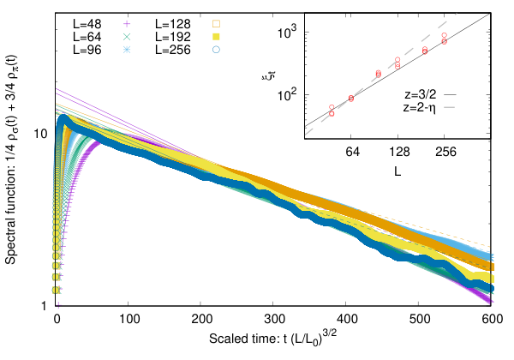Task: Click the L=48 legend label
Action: [87, 24]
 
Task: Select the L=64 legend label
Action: [87, 37]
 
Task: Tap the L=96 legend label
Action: [87, 50]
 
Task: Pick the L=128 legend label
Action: [173, 24]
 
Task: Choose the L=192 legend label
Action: [173, 37]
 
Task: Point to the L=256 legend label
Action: [173, 50]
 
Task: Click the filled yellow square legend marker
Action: [216, 37]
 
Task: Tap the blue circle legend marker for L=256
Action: [216, 50]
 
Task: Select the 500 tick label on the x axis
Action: [420, 319]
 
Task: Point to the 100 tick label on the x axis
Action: [129, 319]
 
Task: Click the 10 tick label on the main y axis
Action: [40, 134]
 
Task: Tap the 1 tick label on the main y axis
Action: [44, 306]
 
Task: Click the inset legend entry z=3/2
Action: [421, 94]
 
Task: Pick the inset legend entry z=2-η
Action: [420, 107]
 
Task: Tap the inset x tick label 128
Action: [399, 152]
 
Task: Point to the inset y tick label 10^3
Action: [287, 32]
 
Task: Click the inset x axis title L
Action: [397, 171]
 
